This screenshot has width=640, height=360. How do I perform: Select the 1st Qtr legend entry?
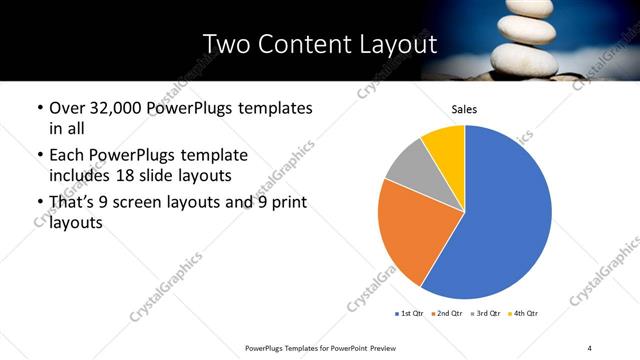click(410, 314)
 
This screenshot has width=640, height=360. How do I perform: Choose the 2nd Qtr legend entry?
click(445, 314)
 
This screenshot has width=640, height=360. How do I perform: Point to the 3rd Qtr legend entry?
click(484, 314)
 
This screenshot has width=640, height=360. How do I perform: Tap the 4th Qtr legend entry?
click(522, 314)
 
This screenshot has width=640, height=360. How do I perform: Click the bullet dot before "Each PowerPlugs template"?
click(39, 157)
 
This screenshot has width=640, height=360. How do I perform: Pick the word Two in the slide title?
click(225, 44)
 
